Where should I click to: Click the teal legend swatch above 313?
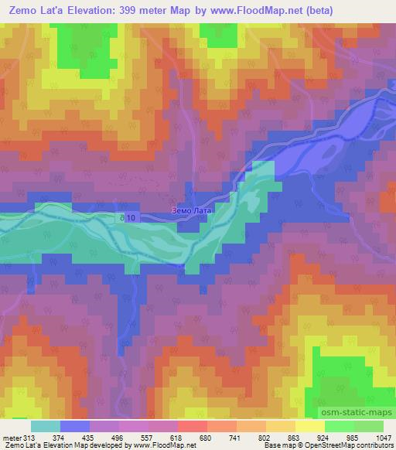click(46, 426)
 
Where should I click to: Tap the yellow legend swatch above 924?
click(310, 426)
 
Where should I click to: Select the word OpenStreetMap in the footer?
click(334, 446)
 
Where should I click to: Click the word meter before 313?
click(12, 438)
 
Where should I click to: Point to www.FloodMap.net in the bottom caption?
click(165, 446)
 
